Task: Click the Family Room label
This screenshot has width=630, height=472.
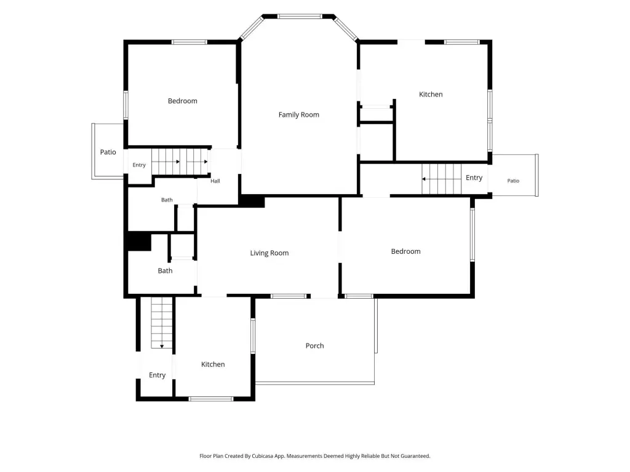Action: [x=298, y=115]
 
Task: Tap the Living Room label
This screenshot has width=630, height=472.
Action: [x=269, y=253]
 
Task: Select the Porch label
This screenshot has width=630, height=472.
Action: [x=314, y=345]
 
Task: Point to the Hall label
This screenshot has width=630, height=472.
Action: [x=215, y=181]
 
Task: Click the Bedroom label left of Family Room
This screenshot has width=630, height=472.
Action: [x=182, y=101]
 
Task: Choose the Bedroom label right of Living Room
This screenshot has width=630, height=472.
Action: [x=406, y=251]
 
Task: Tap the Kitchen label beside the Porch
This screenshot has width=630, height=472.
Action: [x=213, y=364]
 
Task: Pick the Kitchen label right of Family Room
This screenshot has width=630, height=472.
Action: [x=431, y=94]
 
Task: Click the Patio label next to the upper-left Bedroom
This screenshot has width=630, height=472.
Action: [x=108, y=152]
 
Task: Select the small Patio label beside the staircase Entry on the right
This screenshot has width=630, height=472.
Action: [x=513, y=181]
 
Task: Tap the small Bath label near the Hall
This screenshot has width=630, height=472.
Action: [x=167, y=200]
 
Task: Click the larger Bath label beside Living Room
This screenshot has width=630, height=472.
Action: [x=165, y=271]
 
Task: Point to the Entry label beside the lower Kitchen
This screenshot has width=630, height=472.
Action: [x=157, y=376]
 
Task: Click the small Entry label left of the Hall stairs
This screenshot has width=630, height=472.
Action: [x=139, y=165]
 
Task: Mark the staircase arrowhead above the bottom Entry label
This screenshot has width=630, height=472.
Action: [x=162, y=347]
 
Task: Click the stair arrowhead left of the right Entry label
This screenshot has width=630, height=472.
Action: [x=423, y=179]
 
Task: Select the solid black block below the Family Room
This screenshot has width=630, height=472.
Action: [x=252, y=201]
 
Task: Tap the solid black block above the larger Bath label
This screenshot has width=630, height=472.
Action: [x=139, y=242]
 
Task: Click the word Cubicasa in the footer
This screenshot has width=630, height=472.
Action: [x=263, y=456]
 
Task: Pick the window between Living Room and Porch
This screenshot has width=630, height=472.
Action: [x=289, y=296]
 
